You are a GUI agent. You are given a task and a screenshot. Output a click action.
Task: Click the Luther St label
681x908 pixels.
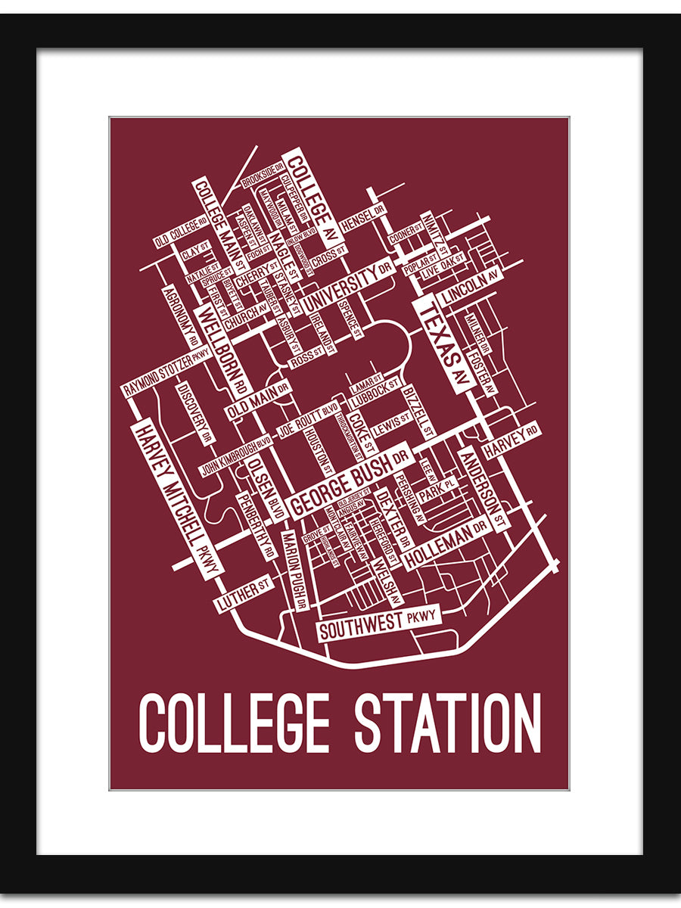[244, 595]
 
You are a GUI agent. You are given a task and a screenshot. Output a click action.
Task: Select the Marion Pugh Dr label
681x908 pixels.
[293, 570]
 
